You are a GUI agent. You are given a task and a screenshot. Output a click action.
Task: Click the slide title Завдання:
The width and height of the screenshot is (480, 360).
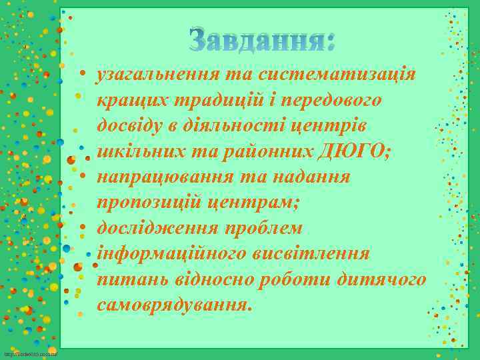click(262, 41)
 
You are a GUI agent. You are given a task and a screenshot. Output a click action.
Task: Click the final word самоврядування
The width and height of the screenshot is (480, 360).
click(175, 305)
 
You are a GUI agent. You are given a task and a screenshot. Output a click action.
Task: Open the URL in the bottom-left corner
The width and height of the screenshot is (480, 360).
click(30, 353)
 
